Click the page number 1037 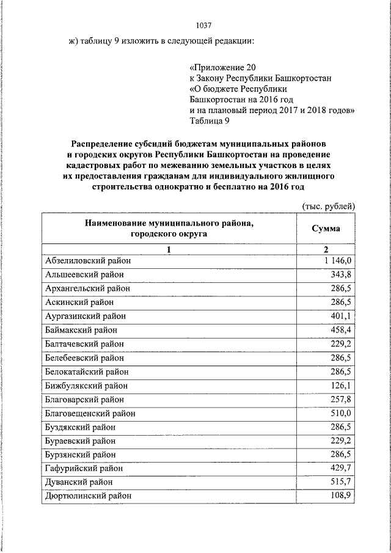[203, 26]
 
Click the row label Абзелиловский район [88, 261]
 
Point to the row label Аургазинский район [86, 316]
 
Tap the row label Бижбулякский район [85, 386]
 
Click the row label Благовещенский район [90, 413]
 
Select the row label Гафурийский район [84, 468]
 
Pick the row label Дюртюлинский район [88, 496]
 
